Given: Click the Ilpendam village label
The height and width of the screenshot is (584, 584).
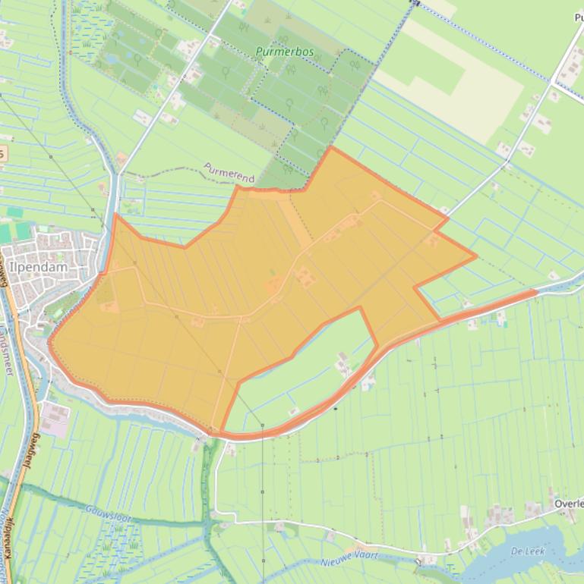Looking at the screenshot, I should (35, 267).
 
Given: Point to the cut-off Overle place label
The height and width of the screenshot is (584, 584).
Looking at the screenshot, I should (568, 504).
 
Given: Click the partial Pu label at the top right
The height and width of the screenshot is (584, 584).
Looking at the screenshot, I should (576, 17).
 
